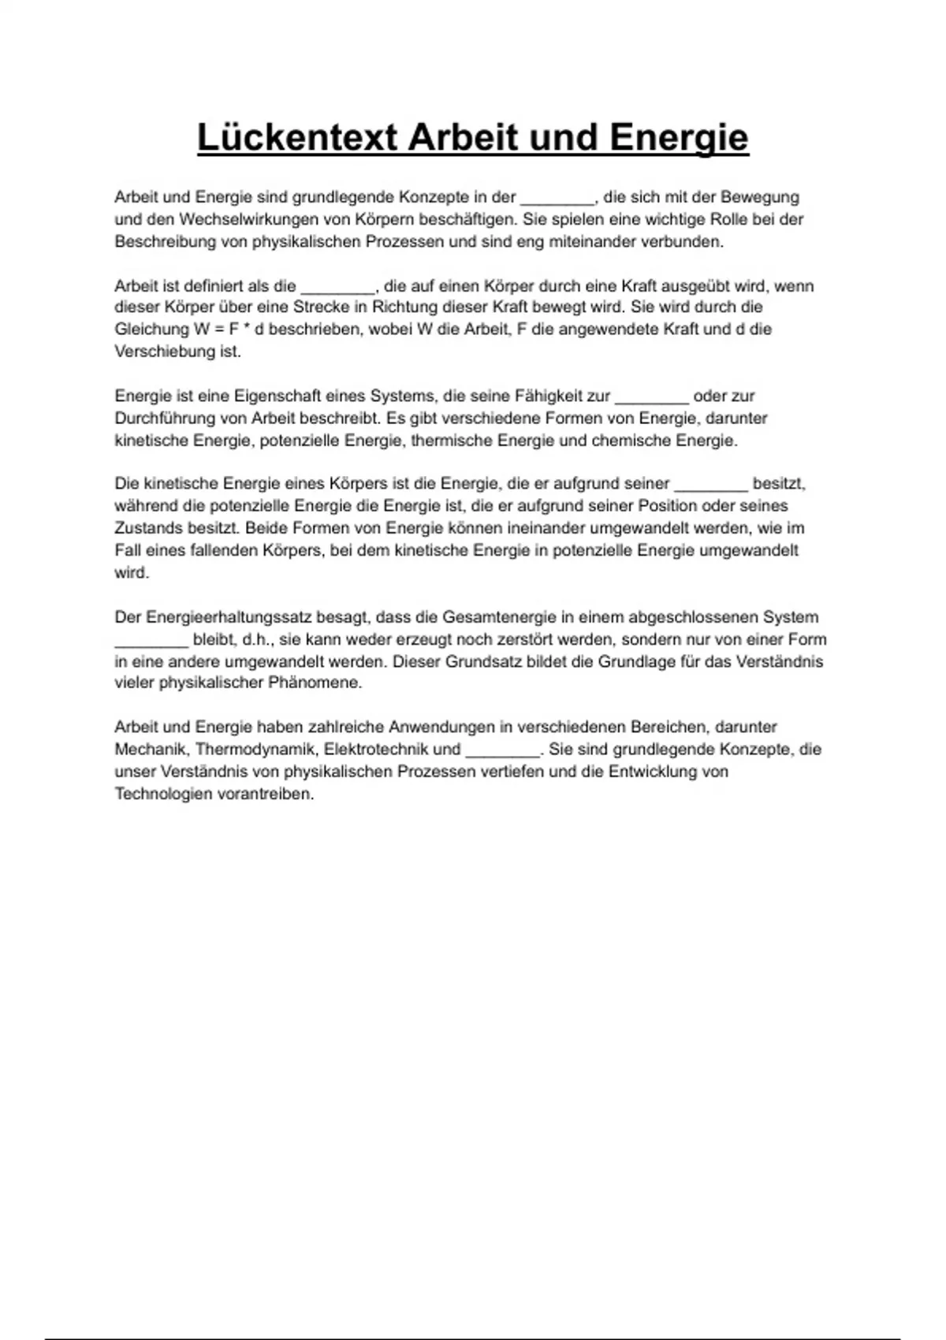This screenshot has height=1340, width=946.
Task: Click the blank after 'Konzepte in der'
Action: tap(557, 199)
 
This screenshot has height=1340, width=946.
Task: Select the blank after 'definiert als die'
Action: tap(337, 287)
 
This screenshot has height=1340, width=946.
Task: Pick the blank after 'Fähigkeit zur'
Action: tap(652, 397)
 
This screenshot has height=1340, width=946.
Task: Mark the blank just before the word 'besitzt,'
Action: tap(711, 484)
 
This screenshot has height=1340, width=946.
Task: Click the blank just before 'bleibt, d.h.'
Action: tap(151, 640)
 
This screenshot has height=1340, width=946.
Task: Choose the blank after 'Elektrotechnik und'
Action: tap(502, 750)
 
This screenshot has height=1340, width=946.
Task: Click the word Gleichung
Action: tap(151, 329)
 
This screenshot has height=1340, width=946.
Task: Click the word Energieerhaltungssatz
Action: tap(229, 617)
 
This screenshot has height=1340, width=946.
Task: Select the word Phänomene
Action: tap(315, 683)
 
